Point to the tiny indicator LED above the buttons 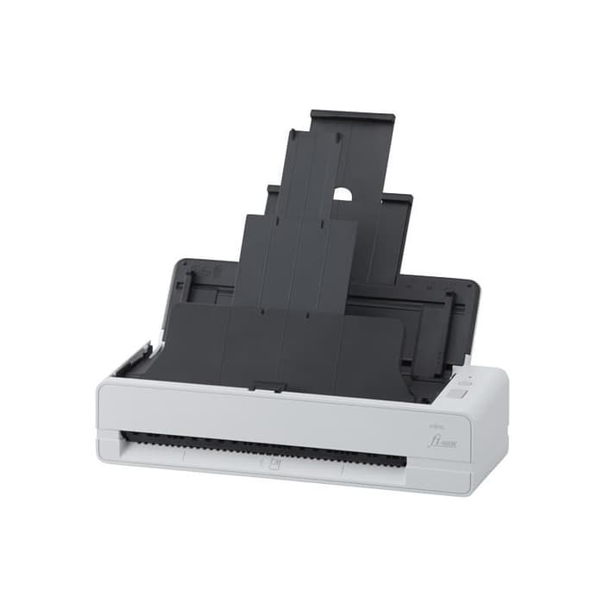(469, 376)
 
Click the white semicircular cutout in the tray (343, 194)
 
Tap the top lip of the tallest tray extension (352, 116)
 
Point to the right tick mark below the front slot (343, 471)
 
